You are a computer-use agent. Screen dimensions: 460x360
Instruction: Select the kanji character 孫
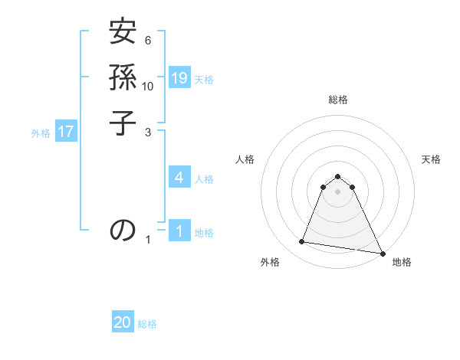click(123, 78)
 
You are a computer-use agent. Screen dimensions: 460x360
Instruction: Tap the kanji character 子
click(123, 123)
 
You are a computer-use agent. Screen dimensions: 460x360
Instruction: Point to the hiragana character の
click(123, 229)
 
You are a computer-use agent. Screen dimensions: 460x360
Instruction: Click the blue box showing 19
click(179, 77)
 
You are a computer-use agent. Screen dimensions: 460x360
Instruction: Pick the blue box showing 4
click(179, 178)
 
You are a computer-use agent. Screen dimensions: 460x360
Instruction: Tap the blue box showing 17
click(66, 132)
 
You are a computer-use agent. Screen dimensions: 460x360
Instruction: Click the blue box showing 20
click(123, 322)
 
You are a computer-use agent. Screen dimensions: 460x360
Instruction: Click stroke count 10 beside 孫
click(148, 86)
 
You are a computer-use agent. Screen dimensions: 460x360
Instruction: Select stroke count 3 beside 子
click(148, 132)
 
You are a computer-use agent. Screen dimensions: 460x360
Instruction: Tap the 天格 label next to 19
click(204, 79)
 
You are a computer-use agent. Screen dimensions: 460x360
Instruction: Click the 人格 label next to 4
click(204, 179)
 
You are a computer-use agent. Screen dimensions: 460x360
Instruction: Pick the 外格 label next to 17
click(41, 133)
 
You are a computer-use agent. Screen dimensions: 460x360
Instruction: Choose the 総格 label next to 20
click(147, 324)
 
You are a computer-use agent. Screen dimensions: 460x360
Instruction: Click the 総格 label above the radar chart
click(337, 100)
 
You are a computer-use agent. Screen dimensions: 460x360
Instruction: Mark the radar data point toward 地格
click(382, 253)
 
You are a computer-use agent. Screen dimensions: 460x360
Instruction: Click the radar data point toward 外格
click(302, 242)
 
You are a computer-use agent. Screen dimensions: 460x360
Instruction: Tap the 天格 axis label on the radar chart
click(431, 159)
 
